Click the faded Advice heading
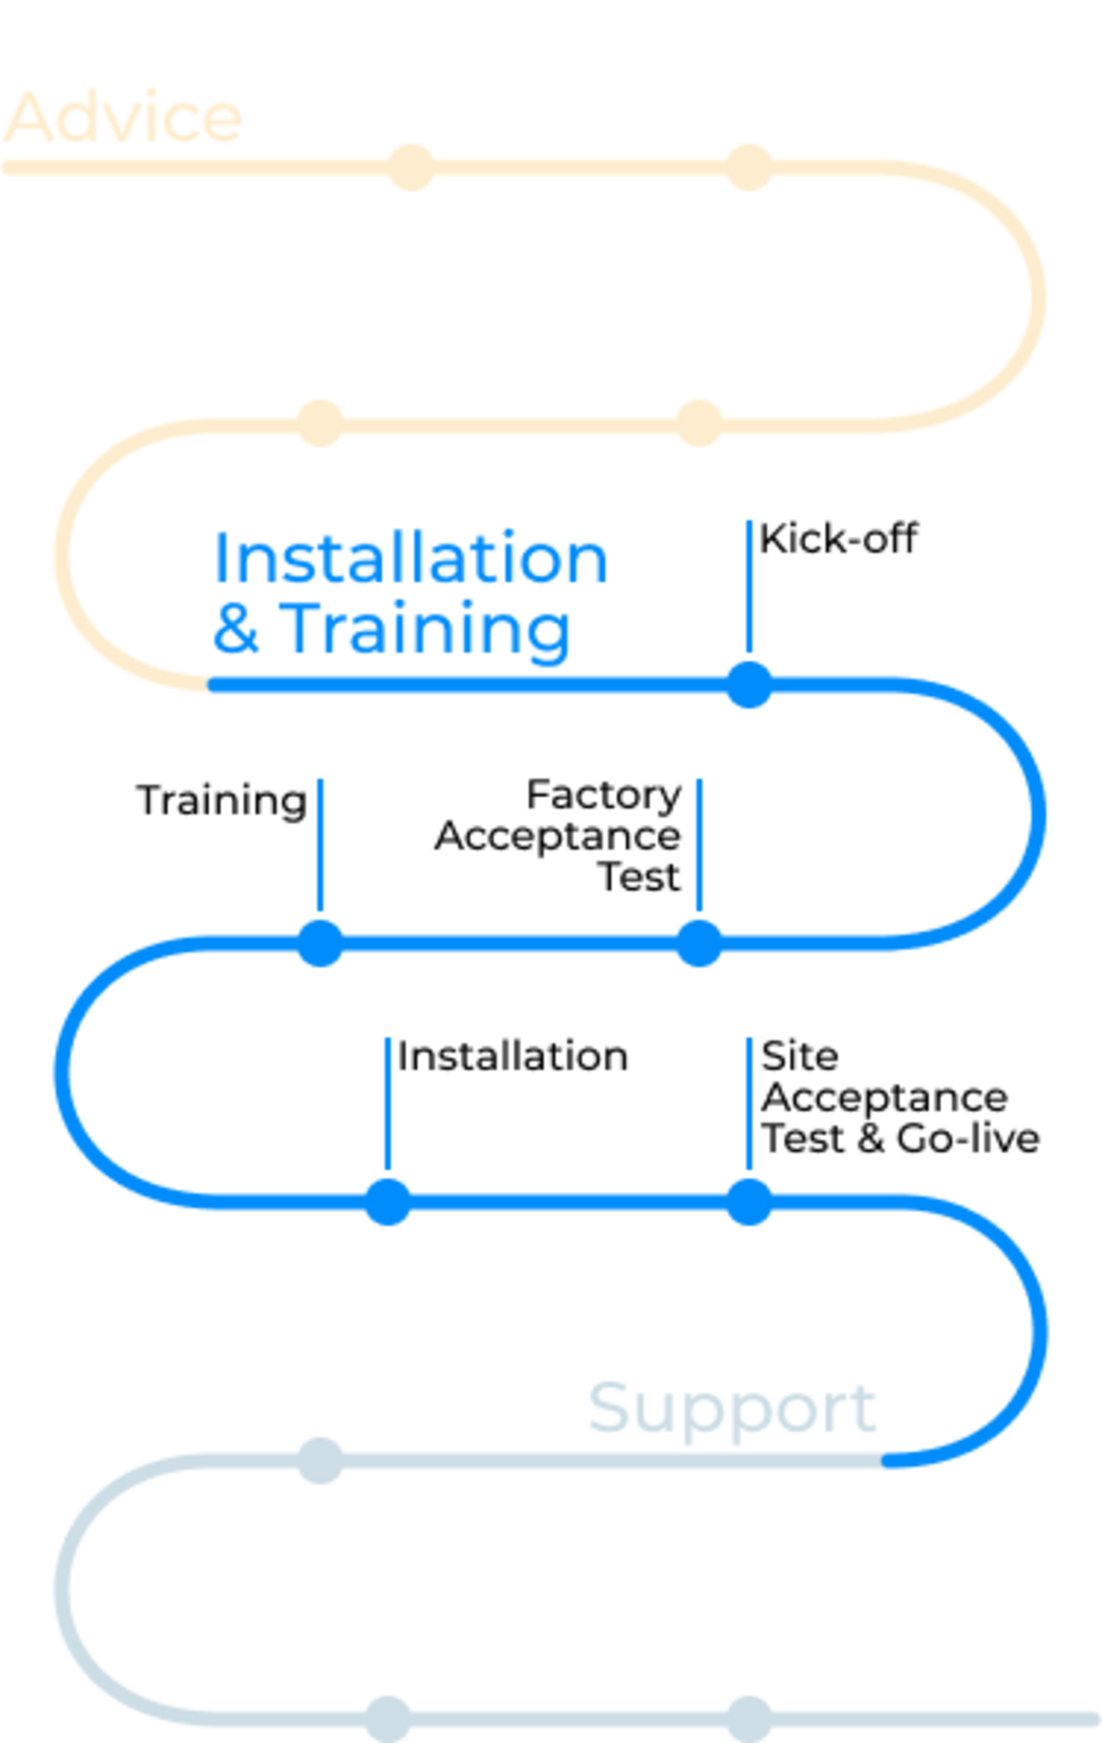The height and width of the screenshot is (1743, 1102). [x=123, y=117]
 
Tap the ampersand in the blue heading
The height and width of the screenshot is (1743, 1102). [x=236, y=627]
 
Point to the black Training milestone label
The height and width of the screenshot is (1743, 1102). [x=222, y=801]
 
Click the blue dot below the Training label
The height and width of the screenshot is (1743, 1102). [x=320, y=943]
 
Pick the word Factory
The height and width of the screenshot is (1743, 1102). [x=604, y=795]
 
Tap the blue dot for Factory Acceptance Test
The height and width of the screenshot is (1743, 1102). [x=699, y=943]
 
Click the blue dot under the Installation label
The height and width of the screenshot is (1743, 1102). [x=387, y=1202]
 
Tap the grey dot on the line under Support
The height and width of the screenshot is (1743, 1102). [x=320, y=1461]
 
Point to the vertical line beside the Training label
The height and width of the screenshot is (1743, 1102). [x=320, y=845]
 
